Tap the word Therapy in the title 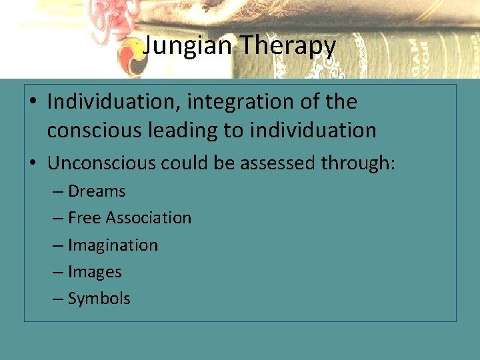point(288,46)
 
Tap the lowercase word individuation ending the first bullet point(313,130)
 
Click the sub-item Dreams point(97,191)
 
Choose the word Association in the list point(147,218)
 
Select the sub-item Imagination point(113,245)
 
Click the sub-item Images point(95,272)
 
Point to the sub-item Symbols point(99,299)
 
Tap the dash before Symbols point(59,299)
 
